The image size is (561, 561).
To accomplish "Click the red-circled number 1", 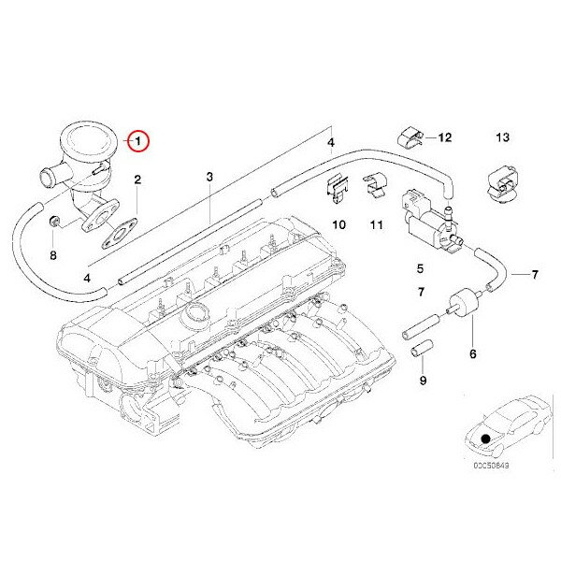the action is click(x=138, y=141).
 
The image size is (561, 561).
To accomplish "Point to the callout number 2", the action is click(x=137, y=180).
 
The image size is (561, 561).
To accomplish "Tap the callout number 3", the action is click(x=209, y=177).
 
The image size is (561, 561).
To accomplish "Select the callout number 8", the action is click(x=53, y=255).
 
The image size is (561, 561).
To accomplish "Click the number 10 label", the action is click(x=339, y=224).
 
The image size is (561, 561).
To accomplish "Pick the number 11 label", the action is click(x=377, y=224).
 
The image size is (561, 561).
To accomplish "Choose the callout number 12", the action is click(x=445, y=137).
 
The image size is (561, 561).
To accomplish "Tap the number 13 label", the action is click(x=503, y=137).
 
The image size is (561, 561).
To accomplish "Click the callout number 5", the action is click(x=420, y=268).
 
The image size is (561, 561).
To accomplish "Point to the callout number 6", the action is click(x=473, y=353).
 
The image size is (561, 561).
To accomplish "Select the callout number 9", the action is click(x=423, y=381).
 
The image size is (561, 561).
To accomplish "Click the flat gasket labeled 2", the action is click(x=120, y=235).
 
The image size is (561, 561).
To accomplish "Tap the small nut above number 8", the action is click(x=54, y=222).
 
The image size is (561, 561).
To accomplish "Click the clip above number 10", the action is click(x=338, y=188).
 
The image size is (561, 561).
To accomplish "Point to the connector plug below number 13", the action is click(x=503, y=184).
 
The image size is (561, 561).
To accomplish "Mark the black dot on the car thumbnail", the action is click(x=485, y=439).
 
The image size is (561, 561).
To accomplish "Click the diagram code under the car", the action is click(x=491, y=466).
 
